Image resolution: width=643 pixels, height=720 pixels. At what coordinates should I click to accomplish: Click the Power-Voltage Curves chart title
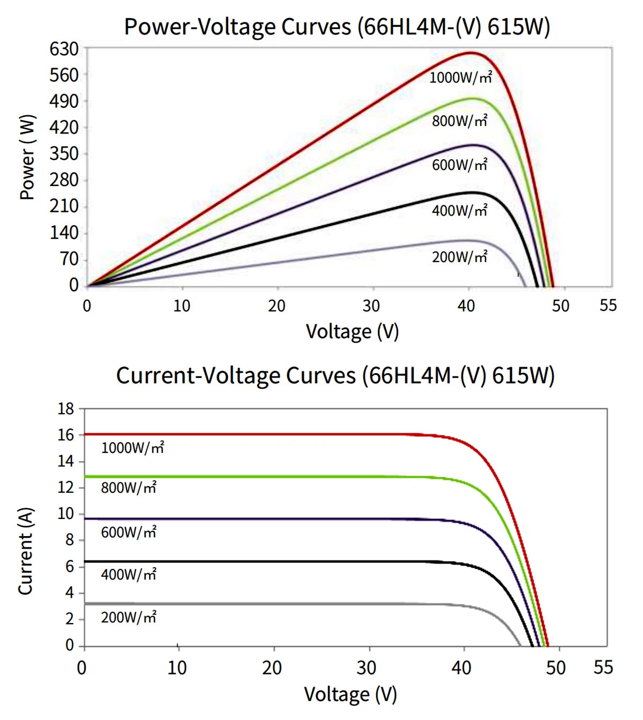pyautogui.click(x=337, y=27)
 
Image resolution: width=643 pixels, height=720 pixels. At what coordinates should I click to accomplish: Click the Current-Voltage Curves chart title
pyautogui.click(x=335, y=375)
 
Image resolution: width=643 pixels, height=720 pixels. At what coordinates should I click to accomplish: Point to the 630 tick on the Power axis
pyautogui.click(x=64, y=49)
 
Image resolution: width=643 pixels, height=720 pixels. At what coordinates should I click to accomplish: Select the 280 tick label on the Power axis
pyautogui.click(x=64, y=180)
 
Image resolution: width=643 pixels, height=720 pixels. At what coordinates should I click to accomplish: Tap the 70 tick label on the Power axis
pyautogui.click(x=69, y=259)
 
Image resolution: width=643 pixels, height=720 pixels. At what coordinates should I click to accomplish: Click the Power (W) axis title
pyautogui.click(x=27, y=157)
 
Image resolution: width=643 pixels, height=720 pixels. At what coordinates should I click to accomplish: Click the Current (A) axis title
pyautogui.click(x=26, y=551)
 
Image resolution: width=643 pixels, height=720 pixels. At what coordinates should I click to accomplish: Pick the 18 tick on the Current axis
pyautogui.click(x=66, y=409)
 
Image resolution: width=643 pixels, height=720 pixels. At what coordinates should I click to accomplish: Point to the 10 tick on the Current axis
pyautogui.click(x=66, y=514)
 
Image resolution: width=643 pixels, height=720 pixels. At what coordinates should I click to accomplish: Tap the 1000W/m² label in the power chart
pyautogui.click(x=460, y=78)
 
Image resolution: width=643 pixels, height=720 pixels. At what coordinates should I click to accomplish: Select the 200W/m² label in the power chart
pyautogui.click(x=459, y=257)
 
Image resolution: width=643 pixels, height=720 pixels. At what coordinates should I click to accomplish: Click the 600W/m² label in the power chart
pyautogui.click(x=459, y=165)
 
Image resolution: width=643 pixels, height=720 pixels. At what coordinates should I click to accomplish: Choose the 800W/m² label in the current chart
pyautogui.click(x=129, y=488)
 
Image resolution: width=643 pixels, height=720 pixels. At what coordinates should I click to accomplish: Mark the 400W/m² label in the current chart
pyautogui.click(x=129, y=575)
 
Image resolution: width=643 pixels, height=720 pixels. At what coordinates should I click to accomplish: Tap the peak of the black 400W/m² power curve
pyautogui.click(x=472, y=192)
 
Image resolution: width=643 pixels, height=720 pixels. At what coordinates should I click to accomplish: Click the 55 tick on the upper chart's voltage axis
pyautogui.click(x=608, y=306)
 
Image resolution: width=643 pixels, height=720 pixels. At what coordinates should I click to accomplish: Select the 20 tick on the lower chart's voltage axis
pyautogui.click(x=272, y=668)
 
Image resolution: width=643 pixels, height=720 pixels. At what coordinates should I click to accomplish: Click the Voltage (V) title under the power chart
pyautogui.click(x=352, y=332)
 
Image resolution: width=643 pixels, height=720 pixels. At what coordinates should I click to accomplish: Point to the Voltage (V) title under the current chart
pyautogui.click(x=350, y=694)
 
